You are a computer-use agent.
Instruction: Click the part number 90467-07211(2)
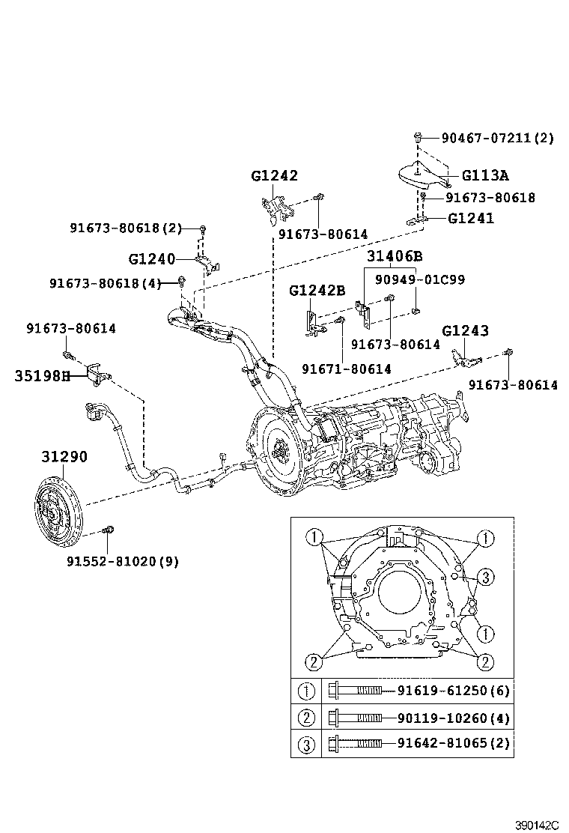[x=497, y=138]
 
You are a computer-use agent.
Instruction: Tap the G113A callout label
[x=484, y=176]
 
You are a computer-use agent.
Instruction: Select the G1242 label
[x=274, y=176]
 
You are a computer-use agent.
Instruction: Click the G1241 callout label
[x=471, y=219]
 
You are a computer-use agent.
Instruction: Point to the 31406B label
[x=395, y=256]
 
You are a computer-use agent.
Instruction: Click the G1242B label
[x=317, y=290]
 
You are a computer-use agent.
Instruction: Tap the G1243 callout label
[x=465, y=330]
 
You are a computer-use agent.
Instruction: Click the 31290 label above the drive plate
[x=64, y=456]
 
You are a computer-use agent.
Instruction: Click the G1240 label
[x=151, y=259]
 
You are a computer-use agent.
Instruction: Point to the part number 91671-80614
[x=346, y=369]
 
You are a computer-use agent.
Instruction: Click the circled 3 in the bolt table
[x=306, y=744]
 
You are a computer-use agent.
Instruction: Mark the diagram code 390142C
[x=536, y=825]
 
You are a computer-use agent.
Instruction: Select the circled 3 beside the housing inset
[x=485, y=577]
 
